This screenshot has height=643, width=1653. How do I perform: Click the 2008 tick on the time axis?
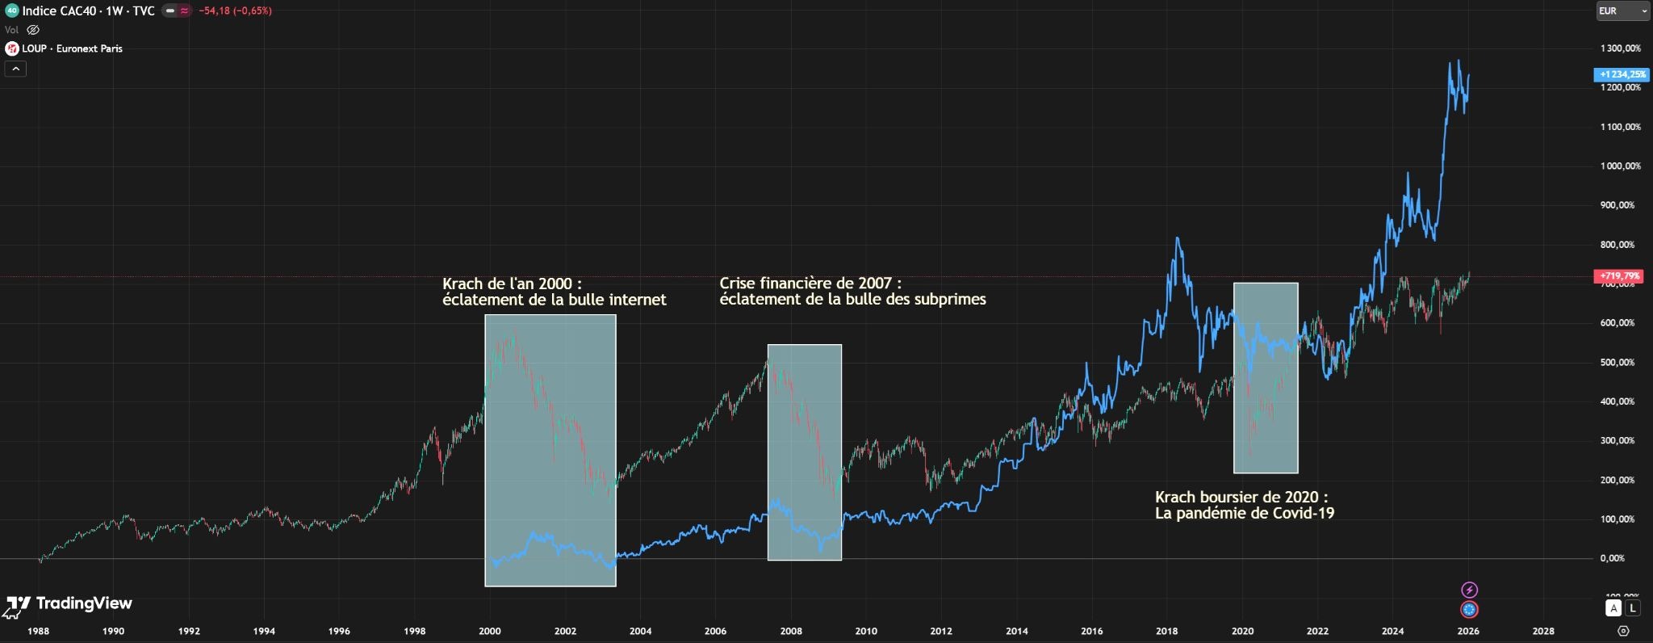(790, 631)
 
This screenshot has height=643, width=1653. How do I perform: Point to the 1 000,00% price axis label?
(1621, 166)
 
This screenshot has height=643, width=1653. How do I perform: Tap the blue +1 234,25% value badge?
(1622, 74)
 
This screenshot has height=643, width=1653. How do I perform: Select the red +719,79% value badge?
(1621, 276)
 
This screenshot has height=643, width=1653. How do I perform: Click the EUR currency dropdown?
(1623, 11)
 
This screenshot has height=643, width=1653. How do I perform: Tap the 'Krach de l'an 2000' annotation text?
(554, 292)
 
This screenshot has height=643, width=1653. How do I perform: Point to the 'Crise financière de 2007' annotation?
(852, 292)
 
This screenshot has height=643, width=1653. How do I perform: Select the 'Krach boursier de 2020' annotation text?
(1244, 505)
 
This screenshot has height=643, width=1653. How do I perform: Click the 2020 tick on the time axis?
(1242, 631)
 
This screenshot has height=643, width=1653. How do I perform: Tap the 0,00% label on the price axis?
(1611, 558)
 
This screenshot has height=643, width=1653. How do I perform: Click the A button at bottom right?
(1613, 608)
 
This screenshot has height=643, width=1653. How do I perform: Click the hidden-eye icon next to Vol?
(33, 30)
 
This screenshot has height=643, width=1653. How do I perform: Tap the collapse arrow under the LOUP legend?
(15, 69)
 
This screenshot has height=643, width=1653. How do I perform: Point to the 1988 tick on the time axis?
(38, 631)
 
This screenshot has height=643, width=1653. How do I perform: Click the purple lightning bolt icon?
(1469, 590)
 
